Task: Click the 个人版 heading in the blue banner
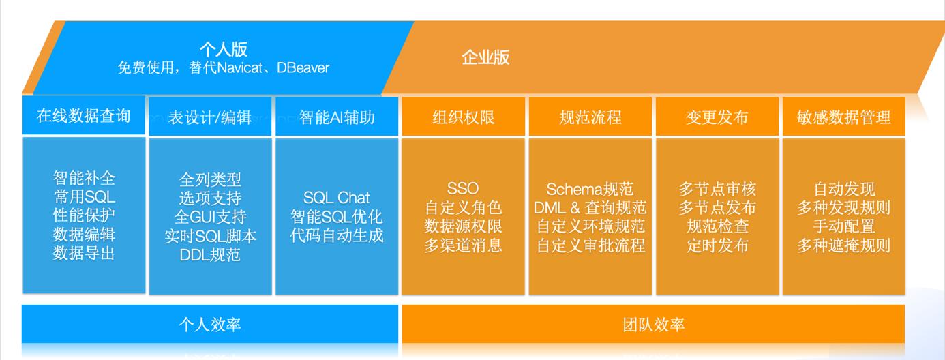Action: [x=223, y=50]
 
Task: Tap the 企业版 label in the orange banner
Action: [x=485, y=58]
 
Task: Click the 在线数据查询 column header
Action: [x=83, y=116]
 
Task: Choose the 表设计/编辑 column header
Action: [x=210, y=117]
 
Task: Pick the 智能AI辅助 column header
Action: [x=337, y=117]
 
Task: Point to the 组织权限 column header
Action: [x=464, y=117]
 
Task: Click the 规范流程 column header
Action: [x=590, y=117]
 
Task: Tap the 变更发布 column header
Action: [x=717, y=117]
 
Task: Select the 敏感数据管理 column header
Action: [x=843, y=117]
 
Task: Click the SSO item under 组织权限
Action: [x=463, y=189]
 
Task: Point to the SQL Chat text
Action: [x=337, y=198]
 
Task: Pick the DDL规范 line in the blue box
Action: [x=210, y=256]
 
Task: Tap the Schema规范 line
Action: [x=590, y=189]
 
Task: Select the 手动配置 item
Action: [x=843, y=226]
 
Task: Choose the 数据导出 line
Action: [x=84, y=254]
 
